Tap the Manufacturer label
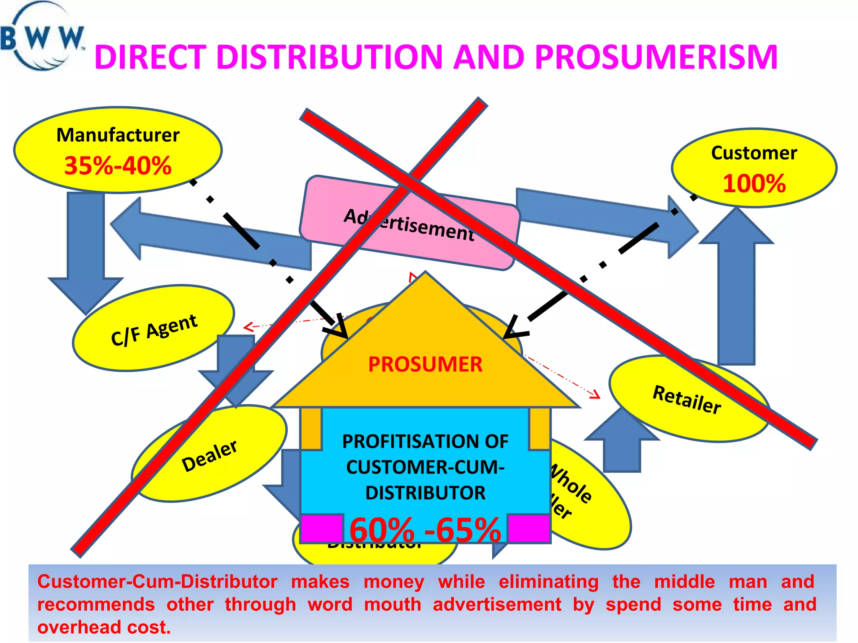click(x=118, y=135)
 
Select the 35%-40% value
click(x=118, y=165)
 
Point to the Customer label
click(x=754, y=153)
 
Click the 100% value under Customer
click(x=754, y=183)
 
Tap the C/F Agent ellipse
click(x=153, y=329)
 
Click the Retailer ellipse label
click(x=687, y=399)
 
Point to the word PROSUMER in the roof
click(x=425, y=364)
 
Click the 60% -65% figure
click(x=425, y=530)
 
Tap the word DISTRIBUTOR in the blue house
click(x=425, y=493)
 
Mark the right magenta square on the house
click(x=529, y=528)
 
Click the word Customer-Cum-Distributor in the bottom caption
click(x=157, y=581)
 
